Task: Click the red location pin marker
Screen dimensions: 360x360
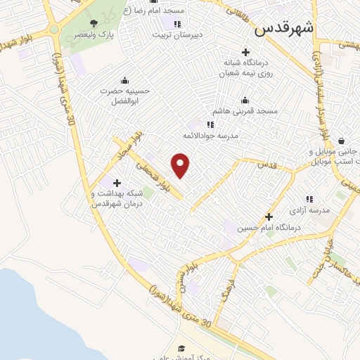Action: (x=181, y=165)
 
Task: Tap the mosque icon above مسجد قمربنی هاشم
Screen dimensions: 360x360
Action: (x=245, y=99)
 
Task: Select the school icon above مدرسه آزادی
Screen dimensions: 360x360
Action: (x=309, y=199)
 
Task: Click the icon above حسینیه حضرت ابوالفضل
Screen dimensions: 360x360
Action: (x=125, y=80)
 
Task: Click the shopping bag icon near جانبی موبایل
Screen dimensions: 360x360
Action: (x=341, y=141)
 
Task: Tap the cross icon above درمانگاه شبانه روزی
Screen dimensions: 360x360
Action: (x=245, y=52)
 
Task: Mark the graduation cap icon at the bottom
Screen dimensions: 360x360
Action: (x=181, y=348)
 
